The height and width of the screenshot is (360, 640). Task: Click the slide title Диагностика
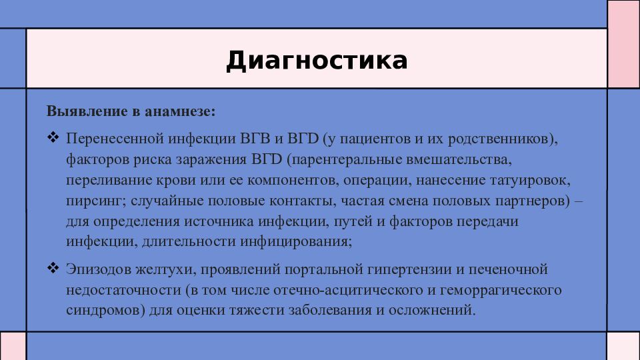[x=317, y=61]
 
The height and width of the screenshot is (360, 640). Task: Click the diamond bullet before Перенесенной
[x=53, y=137]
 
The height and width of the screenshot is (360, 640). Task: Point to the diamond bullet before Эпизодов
[x=53, y=268]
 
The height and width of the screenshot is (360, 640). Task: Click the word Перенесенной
[x=115, y=139]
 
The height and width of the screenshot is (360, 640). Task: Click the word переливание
[x=109, y=181]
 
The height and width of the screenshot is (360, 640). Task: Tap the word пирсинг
[x=96, y=201]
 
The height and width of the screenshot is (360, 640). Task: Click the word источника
[x=219, y=221]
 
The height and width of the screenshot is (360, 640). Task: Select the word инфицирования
[x=296, y=241]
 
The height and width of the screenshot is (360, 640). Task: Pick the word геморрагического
[x=501, y=290]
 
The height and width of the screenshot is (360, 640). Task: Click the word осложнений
[x=432, y=310]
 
